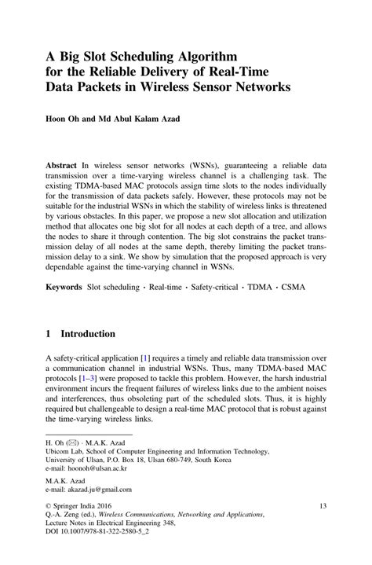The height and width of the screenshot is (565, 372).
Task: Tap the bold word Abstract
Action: (x=64, y=167)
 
